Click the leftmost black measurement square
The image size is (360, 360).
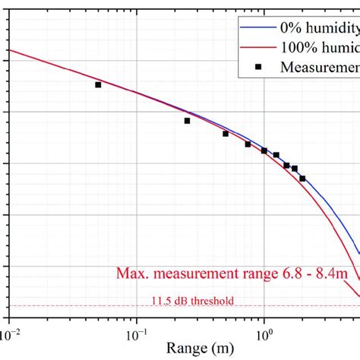coord(98,84)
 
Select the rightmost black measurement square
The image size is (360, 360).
coord(302,178)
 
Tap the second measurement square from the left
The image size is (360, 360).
coord(187,120)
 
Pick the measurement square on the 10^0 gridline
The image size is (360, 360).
coord(264,150)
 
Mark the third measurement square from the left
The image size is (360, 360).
coord(226,134)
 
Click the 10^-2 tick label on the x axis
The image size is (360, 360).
coord(9,333)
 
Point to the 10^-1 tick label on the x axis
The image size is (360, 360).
coord(137,333)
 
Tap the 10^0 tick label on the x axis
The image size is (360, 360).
coord(264,333)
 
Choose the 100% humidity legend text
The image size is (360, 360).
coord(319,47)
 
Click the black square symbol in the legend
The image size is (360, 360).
coord(258,66)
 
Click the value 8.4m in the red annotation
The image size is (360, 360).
coord(339,273)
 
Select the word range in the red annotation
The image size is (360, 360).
coord(264,273)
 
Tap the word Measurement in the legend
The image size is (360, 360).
coord(320,66)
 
